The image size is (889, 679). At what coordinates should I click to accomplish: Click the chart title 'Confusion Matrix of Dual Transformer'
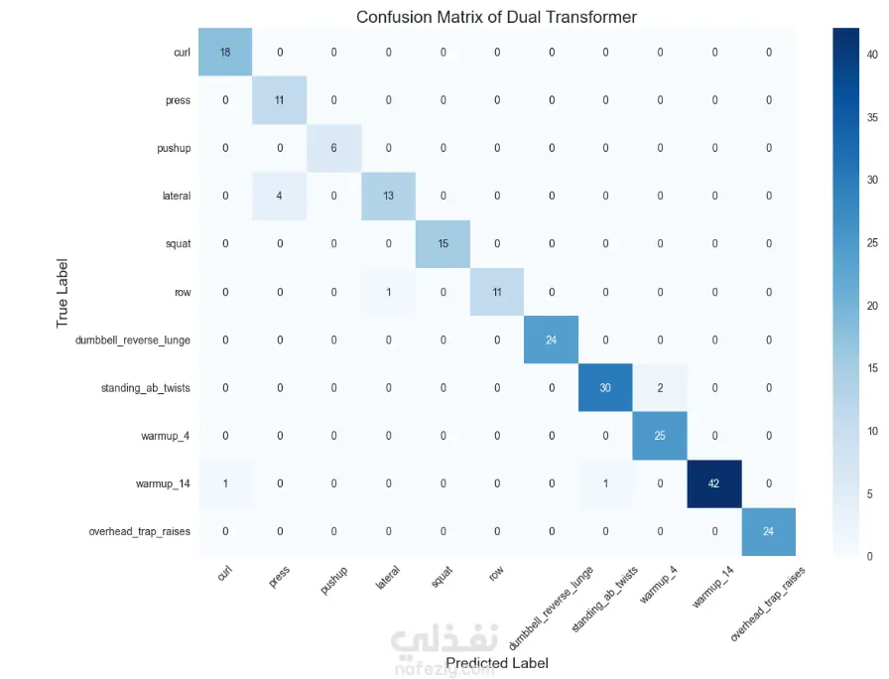click(x=496, y=17)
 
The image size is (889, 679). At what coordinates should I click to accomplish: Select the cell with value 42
click(x=713, y=483)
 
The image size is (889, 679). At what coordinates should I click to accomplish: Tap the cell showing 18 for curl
click(x=225, y=52)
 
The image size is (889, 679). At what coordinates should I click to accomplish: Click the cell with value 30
click(x=605, y=388)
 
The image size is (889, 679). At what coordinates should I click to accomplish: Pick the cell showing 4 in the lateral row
click(x=280, y=196)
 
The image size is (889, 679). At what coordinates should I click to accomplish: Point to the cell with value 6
click(x=333, y=148)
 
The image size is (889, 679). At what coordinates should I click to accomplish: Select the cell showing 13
click(x=388, y=196)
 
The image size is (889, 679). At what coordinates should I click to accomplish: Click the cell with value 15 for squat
click(x=443, y=244)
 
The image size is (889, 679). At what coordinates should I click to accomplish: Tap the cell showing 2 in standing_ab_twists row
click(x=660, y=388)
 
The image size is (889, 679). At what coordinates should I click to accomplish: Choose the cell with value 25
click(x=660, y=436)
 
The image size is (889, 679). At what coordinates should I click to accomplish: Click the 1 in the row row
click(x=388, y=292)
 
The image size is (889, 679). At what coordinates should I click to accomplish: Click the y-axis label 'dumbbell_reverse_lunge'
click(x=133, y=340)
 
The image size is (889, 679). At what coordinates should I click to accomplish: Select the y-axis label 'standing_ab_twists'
click(x=145, y=388)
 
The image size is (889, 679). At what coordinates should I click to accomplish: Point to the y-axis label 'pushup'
click(x=174, y=148)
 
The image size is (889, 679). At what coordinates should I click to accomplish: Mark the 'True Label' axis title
click(x=63, y=292)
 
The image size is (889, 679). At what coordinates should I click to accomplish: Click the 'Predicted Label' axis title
click(x=496, y=662)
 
